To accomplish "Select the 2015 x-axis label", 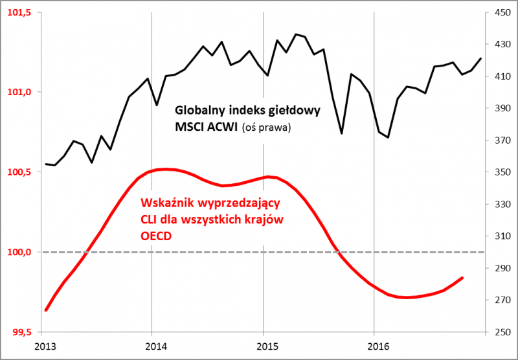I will [264, 346].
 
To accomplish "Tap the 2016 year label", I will [375, 346].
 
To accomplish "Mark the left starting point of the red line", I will [45, 310].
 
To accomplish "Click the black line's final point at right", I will [481, 58].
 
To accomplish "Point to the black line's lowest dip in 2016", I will [388, 137].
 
